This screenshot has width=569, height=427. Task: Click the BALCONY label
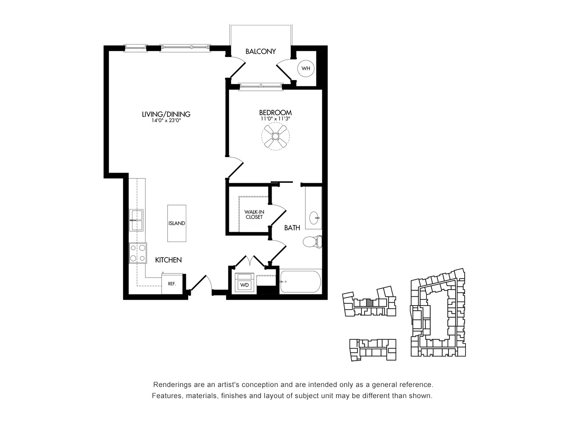tap(260, 51)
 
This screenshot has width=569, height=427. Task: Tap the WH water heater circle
tap(306, 68)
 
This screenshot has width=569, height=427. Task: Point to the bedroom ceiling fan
tap(275, 136)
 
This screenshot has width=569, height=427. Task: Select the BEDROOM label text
tap(275, 113)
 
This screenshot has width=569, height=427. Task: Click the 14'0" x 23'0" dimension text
tap(166, 120)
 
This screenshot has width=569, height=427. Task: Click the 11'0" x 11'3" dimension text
tap(275, 119)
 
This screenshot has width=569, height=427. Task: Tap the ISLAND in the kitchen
tap(176, 223)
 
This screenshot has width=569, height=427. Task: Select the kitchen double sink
tap(136, 220)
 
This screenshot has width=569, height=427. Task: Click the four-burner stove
tap(138, 253)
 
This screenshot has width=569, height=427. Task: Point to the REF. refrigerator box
tap(172, 284)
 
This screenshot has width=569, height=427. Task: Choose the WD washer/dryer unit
tap(244, 283)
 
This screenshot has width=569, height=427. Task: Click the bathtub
tap(301, 282)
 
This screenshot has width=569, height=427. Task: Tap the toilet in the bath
tap(313, 242)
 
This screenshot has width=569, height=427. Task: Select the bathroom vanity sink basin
tap(315, 218)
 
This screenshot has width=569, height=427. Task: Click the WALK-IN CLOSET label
tap(254, 215)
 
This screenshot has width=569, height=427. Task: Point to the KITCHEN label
tap(168, 260)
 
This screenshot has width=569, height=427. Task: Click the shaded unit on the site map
tap(370, 303)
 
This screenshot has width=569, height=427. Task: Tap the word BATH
tap(292, 228)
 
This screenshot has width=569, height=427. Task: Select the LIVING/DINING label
tap(166, 114)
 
